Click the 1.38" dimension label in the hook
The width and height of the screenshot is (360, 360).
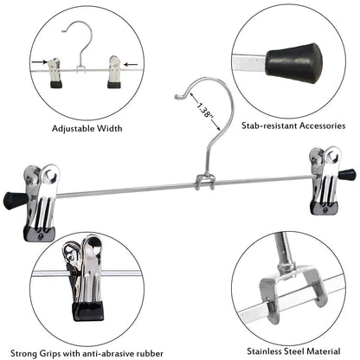[206, 112]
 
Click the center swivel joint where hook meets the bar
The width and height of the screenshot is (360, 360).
[206, 182]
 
